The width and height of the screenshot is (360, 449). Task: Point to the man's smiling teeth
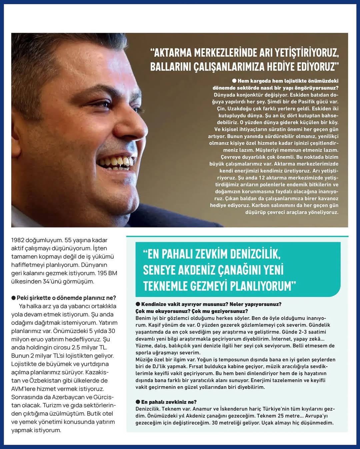pyautogui.click(x=117, y=162)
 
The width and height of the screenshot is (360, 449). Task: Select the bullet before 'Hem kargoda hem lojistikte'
pyautogui.click(x=234, y=81)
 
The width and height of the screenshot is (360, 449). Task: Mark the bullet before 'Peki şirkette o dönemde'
pyautogui.click(x=13, y=298)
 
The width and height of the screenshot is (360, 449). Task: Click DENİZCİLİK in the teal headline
pyautogui.click(x=255, y=254)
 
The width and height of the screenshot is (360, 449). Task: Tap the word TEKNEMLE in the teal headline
pyautogui.click(x=165, y=286)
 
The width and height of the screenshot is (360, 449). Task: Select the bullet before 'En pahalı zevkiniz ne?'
pyautogui.click(x=138, y=402)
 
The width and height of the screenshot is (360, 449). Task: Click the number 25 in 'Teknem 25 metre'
pyautogui.click(x=281, y=416)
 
